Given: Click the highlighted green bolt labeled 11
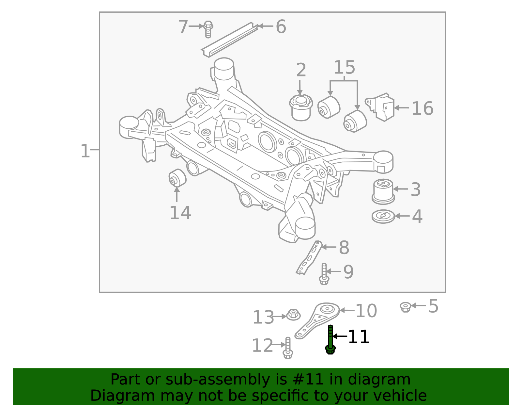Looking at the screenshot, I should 330,340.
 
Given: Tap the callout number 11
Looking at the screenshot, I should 359,337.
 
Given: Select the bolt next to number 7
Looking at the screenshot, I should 208,29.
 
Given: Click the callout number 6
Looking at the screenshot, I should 281,26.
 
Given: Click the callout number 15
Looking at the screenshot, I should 344,67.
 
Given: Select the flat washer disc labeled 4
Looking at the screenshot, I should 383,216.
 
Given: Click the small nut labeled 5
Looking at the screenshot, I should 405,307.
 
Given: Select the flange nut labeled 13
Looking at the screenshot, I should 293,315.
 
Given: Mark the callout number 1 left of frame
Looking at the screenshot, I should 85,151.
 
